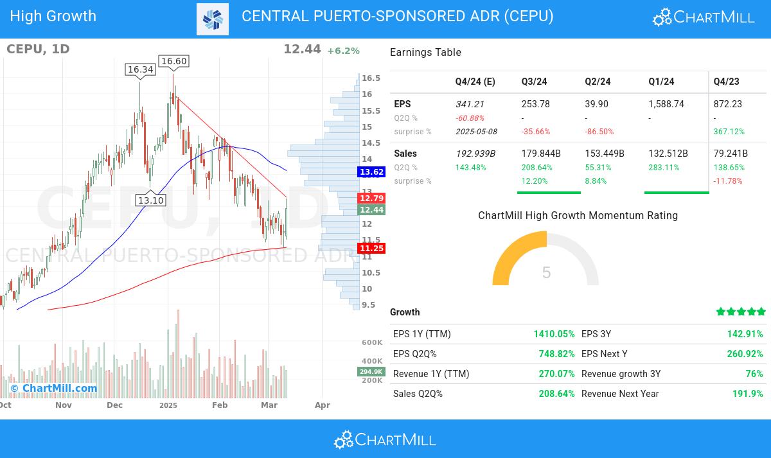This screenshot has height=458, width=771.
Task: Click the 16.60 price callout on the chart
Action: click(173, 61)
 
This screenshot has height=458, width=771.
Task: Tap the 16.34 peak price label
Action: click(140, 69)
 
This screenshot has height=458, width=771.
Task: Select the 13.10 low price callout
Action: click(151, 200)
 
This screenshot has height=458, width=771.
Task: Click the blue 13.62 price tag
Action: click(371, 172)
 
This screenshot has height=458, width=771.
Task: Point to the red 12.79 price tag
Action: click(371, 198)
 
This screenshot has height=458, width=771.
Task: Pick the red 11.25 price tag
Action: click(371, 249)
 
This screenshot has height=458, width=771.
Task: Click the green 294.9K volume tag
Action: click(371, 372)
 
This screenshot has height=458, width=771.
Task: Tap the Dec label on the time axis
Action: click(114, 405)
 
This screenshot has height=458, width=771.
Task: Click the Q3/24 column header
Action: click(534, 82)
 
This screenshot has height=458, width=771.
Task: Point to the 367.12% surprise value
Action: click(729, 132)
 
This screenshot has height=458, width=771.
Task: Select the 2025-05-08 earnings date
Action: click(475, 132)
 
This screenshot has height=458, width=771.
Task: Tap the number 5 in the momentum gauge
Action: click(546, 273)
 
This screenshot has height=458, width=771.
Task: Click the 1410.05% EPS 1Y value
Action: click(554, 334)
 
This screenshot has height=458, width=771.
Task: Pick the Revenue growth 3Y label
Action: click(621, 374)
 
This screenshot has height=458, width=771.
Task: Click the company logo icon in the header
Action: click(213, 19)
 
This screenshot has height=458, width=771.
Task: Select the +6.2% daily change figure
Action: click(343, 51)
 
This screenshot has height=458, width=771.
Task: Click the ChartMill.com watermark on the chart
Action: click(54, 388)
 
